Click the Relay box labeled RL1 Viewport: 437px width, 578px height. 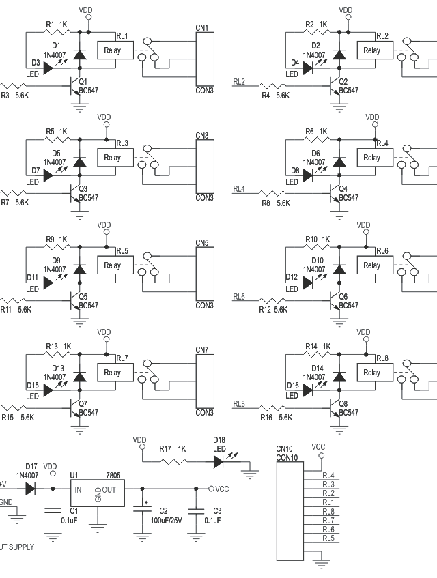click(x=113, y=50)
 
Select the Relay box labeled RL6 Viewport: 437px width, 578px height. click(x=371, y=265)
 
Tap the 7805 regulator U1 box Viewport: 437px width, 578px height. click(x=98, y=489)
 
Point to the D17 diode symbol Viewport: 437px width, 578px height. click(x=30, y=489)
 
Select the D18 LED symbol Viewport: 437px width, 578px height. click(x=218, y=461)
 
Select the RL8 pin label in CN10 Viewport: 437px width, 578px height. click(x=328, y=511)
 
